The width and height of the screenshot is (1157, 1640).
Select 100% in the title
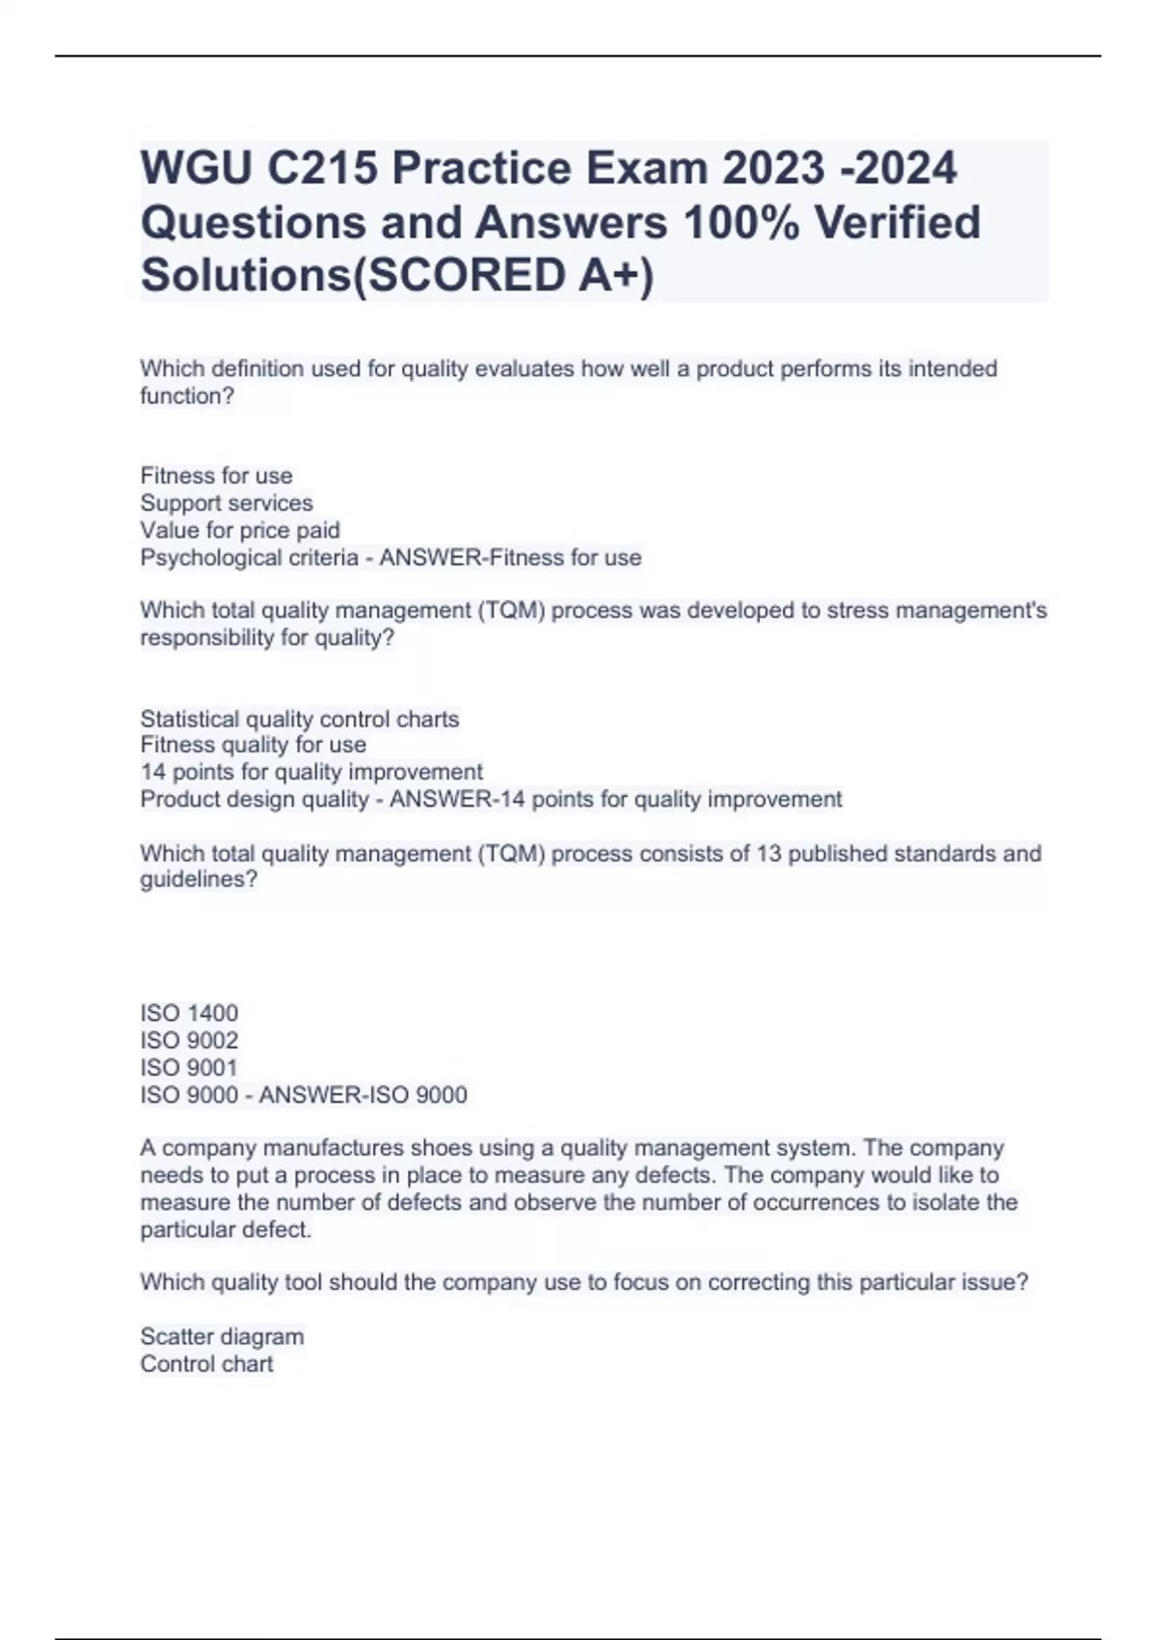(741, 222)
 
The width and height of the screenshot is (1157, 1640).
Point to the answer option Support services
(227, 503)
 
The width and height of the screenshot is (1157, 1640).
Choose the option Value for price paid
(240, 530)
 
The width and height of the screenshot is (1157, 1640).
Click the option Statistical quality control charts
(300, 719)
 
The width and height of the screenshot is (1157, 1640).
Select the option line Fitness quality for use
(254, 745)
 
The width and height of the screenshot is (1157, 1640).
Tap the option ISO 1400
(189, 1013)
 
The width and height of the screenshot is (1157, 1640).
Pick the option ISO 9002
(189, 1040)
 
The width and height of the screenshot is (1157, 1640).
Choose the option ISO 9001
(189, 1067)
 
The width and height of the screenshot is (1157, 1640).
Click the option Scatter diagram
(222, 1336)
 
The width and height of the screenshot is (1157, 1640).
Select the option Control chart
(206, 1363)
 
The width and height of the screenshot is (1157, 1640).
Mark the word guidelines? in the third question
(199, 880)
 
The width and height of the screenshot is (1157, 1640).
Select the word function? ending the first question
(187, 396)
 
